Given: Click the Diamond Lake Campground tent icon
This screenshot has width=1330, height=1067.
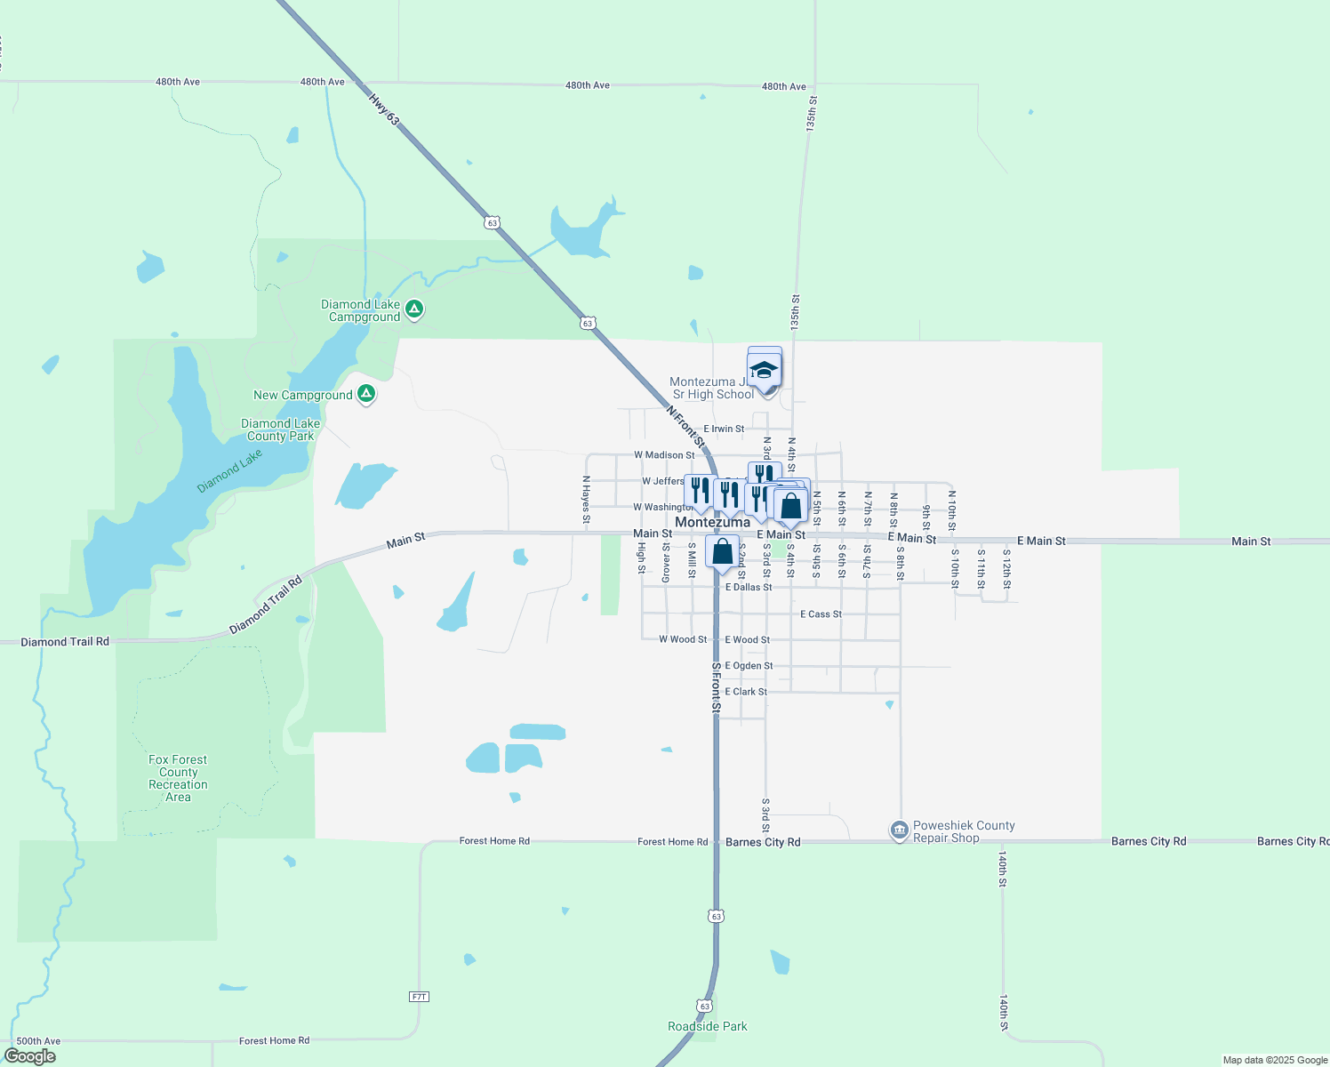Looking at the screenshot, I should pos(413,309).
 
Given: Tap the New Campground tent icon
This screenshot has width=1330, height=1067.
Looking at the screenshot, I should pos(365,394).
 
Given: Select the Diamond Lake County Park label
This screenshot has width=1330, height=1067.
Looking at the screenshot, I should pos(281,430).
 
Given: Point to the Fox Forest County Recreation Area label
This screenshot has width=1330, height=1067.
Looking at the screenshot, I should pos(178,778).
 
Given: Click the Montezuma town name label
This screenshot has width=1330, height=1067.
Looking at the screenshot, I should pos(712,522).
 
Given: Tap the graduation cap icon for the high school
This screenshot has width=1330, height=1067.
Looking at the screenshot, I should pos(764,369).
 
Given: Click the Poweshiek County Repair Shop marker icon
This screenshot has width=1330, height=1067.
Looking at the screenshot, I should pos(899,830).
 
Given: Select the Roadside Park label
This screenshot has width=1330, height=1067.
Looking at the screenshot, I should pos(707,1026).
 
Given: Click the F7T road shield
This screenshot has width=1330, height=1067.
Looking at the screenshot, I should pos(420,997).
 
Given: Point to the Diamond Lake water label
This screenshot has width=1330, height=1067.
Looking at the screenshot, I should pos(229,471).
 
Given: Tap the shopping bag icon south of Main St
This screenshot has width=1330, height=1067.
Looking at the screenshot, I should pos(722,551).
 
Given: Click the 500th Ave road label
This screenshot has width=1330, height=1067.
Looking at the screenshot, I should pos(38,1041).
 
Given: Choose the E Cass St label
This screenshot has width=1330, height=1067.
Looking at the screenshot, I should pos(821,614).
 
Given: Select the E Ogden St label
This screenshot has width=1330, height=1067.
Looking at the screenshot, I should pos(749,666).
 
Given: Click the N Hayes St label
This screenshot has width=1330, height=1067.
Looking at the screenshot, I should pos(586,499).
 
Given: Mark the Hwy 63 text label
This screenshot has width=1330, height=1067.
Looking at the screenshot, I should pos(384,109).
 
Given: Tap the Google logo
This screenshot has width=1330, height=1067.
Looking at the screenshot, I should pos(30,1055).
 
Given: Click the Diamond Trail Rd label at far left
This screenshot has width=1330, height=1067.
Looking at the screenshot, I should pos(65,642).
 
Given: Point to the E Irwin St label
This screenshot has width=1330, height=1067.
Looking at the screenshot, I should pos(724,429).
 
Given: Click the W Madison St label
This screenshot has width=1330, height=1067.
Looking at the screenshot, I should pos(664,455).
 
